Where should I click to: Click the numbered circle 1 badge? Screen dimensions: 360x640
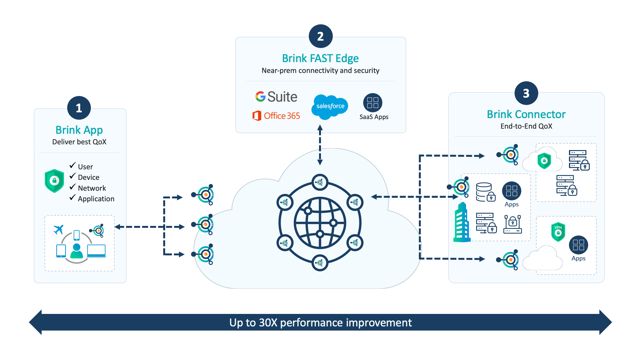[79, 108]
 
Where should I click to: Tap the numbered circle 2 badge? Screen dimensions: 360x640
[321, 36]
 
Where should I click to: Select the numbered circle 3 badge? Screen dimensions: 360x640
[526, 93]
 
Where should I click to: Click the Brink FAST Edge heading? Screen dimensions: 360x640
[320, 58]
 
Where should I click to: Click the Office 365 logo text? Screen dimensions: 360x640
[282, 116]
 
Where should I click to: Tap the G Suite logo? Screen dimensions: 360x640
[276, 97]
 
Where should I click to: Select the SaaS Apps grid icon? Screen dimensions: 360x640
[373, 103]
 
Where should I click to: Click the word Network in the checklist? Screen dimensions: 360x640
[92, 188]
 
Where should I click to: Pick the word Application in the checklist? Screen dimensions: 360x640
[96, 199]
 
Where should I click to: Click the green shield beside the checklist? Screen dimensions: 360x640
[54, 181]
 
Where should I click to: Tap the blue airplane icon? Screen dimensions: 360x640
[58, 229]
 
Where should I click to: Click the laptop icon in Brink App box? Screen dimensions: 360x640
[96, 251]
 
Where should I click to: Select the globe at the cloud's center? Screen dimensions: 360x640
[320, 223]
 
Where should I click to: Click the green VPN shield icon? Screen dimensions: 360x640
[558, 231]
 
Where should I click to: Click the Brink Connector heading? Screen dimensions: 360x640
[526, 114]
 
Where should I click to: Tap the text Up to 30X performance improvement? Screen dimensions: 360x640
[320, 323]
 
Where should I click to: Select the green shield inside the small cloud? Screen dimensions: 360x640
[544, 161]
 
